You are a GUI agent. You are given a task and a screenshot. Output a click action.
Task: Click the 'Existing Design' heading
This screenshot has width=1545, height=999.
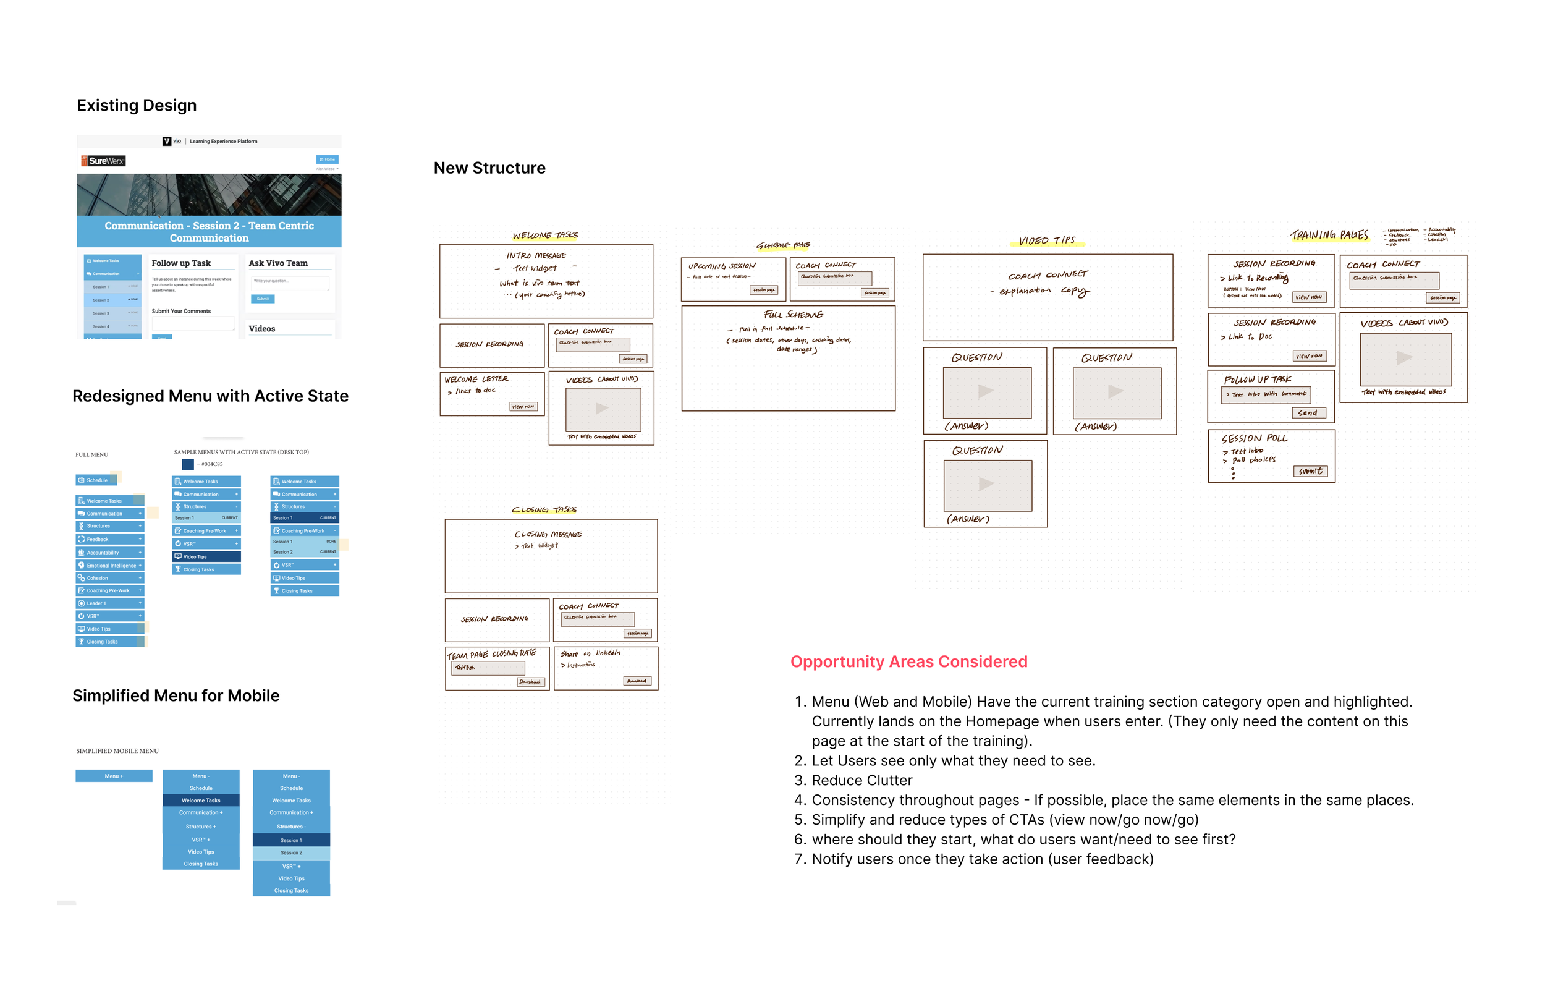(x=136, y=105)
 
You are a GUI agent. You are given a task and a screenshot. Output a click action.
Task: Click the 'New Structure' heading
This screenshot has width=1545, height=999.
(x=489, y=168)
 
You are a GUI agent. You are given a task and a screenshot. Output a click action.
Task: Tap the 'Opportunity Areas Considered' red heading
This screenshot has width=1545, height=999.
(x=908, y=661)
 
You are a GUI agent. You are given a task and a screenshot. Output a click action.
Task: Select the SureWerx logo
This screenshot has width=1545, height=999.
(x=103, y=161)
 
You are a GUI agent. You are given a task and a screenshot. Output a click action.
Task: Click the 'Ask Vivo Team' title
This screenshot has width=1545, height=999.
(x=278, y=263)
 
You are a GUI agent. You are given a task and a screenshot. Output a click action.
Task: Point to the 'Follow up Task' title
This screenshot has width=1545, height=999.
(x=181, y=263)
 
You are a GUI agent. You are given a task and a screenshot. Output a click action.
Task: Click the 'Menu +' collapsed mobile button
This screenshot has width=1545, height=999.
(x=114, y=776)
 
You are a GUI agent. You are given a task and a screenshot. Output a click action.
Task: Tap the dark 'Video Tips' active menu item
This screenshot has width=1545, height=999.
(x=206, y=556)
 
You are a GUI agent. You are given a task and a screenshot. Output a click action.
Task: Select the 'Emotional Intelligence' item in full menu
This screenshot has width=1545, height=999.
(x=109, y=565)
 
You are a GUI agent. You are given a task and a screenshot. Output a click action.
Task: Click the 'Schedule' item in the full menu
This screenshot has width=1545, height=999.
(x=96, y=480)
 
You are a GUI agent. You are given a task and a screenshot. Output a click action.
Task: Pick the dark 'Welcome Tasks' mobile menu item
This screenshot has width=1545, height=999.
(x=200, y=800)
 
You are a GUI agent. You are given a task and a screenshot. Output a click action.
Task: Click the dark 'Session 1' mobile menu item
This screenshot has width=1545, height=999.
(x=290, y=840)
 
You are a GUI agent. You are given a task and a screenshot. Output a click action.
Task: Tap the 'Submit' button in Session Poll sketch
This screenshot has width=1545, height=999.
(x=1310, y=471)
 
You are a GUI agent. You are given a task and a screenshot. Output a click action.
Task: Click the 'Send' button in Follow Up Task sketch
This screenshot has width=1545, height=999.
(x=1308, y=412)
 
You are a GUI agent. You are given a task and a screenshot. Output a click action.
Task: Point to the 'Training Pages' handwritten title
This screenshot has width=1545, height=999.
(x=1329, y=235)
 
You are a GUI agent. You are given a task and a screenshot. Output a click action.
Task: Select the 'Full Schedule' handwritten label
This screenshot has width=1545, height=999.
(x=792, y=315)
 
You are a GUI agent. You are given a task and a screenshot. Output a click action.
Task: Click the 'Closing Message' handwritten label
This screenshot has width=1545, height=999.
(x=547, y=534)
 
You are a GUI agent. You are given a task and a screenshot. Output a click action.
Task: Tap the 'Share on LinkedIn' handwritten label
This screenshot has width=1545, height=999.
(x=590, y=653)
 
